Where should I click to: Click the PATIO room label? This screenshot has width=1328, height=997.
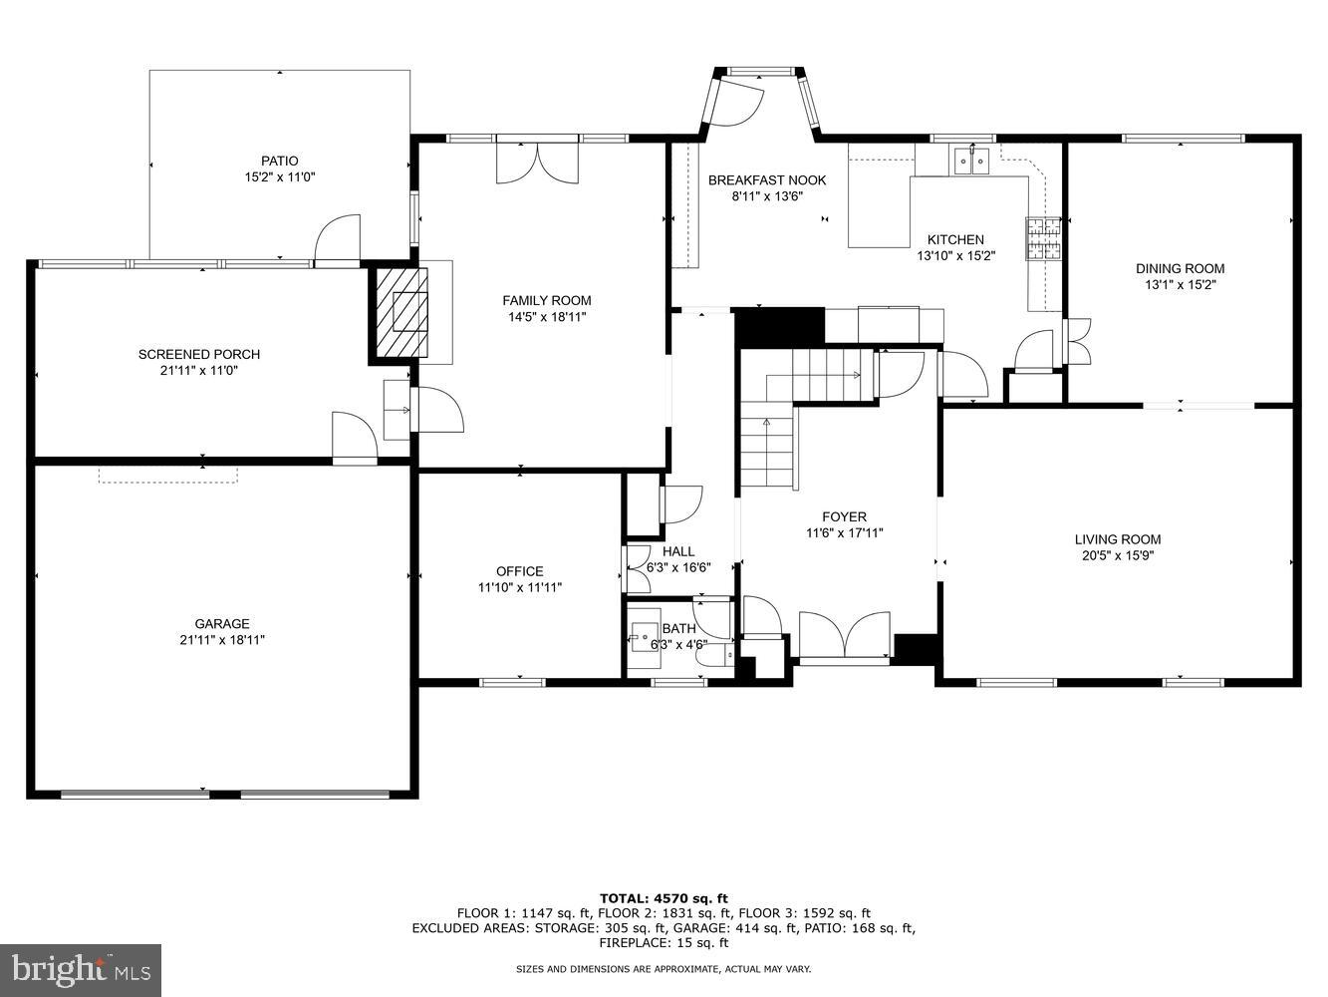279,161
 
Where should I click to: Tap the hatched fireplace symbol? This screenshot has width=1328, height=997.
401,311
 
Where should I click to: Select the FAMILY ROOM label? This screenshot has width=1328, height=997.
546,300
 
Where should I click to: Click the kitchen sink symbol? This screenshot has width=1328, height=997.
970,160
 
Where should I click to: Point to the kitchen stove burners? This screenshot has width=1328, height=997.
1043,238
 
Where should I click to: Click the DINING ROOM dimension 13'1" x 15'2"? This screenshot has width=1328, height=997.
1180,284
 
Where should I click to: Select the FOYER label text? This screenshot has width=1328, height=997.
844,516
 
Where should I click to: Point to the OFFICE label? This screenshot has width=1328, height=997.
519,571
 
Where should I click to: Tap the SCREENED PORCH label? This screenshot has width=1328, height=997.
199,354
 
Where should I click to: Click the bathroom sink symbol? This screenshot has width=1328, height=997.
644,632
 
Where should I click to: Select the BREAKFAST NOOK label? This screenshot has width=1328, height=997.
767,180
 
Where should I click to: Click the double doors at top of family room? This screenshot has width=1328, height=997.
537,163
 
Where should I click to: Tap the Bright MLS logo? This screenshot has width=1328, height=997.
81,969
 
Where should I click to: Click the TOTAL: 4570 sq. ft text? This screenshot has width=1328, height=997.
664,898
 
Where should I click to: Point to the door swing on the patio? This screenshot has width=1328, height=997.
337,239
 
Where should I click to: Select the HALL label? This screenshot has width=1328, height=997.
678,551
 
